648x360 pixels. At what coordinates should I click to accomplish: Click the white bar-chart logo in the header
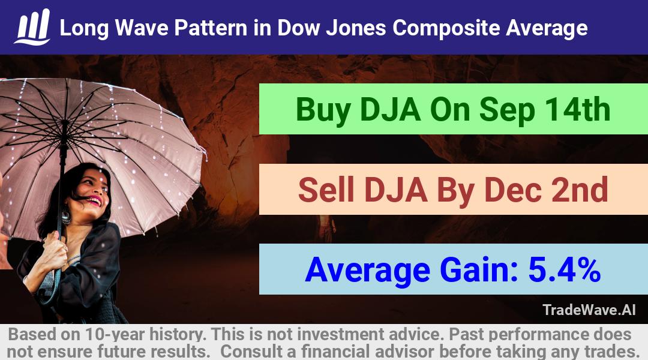32,27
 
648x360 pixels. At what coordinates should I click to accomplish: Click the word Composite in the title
446,28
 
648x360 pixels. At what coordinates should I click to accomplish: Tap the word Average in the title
547,28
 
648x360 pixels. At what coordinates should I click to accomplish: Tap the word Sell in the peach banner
326,190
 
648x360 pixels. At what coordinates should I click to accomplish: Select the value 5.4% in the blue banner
564,270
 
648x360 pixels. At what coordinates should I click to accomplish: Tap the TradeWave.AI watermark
589,310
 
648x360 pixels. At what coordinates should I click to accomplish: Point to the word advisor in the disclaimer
404,352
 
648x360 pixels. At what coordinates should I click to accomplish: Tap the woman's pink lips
95,201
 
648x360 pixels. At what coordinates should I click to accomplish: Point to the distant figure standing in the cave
326,229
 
